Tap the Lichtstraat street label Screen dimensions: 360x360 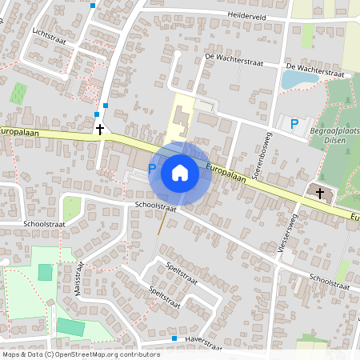[48, 35]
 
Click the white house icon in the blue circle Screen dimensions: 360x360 [180, 173]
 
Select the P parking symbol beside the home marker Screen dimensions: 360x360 [151, 168]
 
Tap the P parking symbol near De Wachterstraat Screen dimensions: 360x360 [294, 124]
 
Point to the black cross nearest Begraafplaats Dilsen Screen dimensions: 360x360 [320, 193]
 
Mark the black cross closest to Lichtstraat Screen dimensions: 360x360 [100, 129]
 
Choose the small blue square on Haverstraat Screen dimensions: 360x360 [174, 338]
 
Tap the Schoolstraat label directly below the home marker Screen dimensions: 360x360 [155, 206]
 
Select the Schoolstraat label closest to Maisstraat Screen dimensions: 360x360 [45, 224]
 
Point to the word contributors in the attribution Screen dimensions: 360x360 [135, 354]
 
